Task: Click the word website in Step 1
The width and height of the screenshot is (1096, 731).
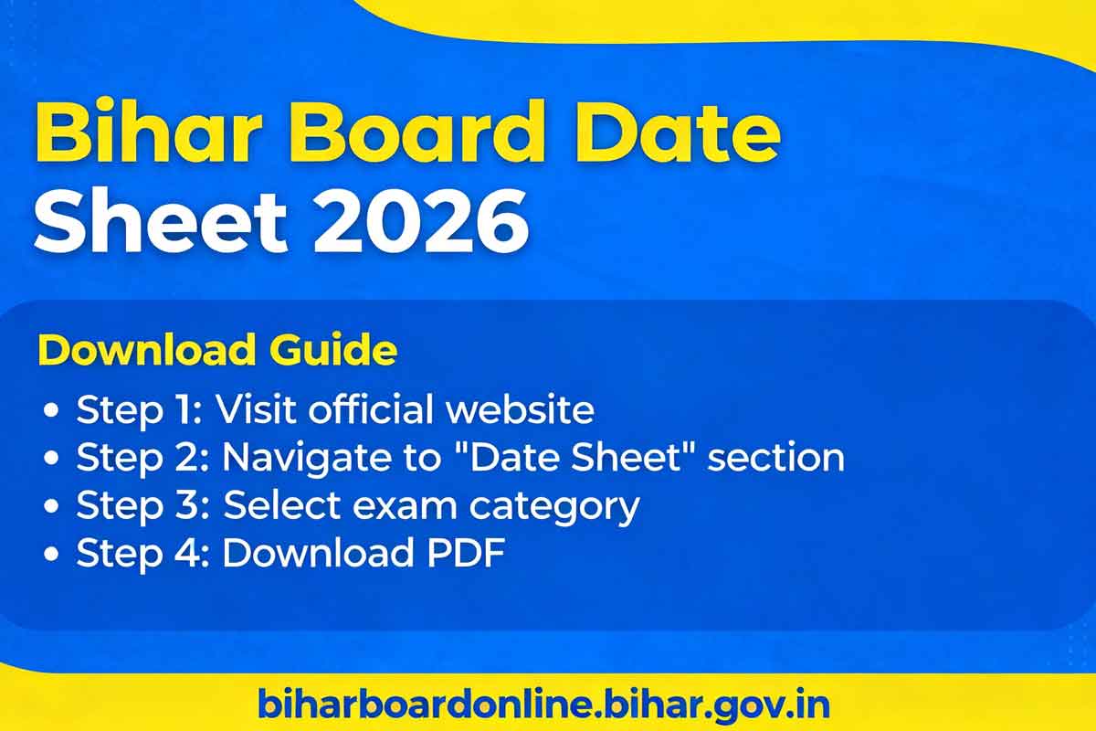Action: tap(520, 409)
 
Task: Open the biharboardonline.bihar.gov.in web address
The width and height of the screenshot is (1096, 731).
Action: tap(543, 705)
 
